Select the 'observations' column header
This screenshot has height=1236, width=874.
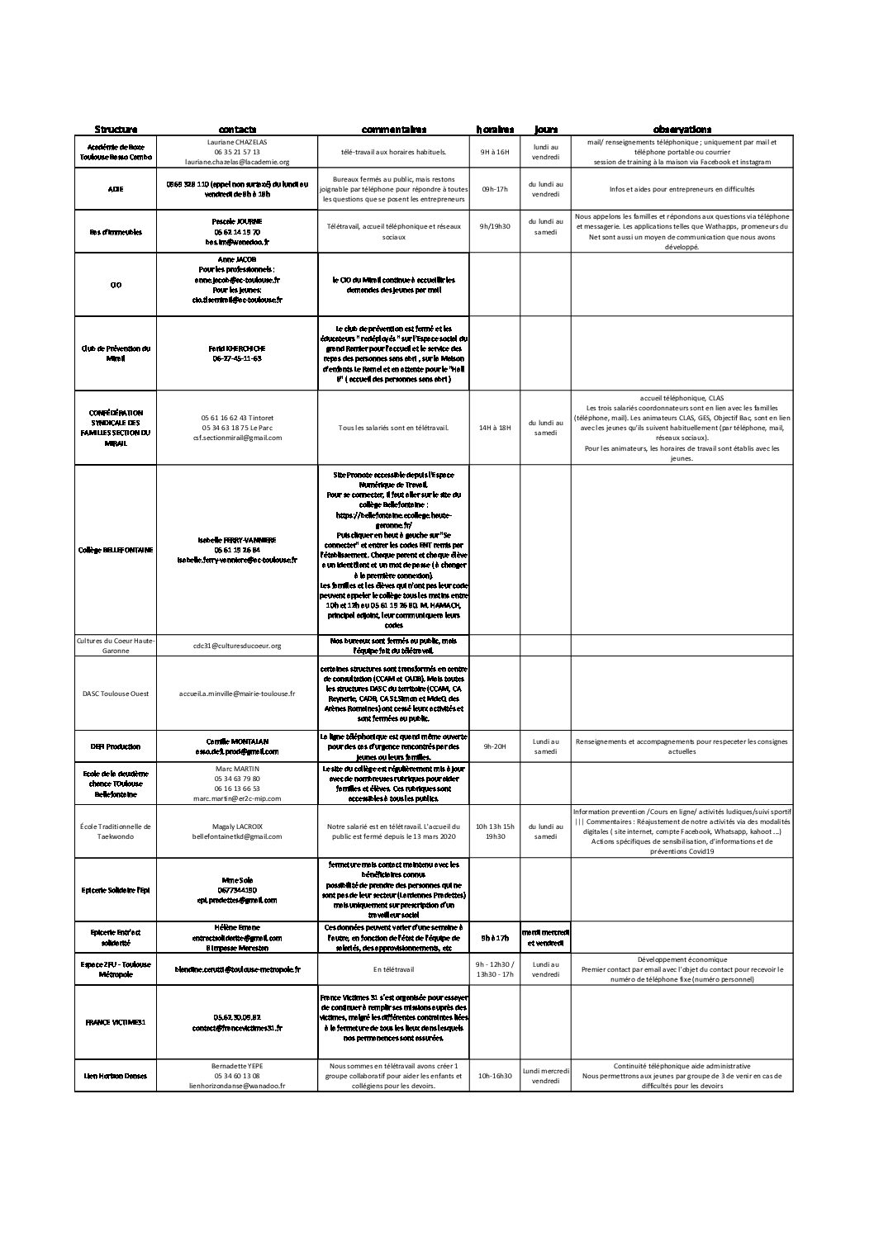(x=682, y=130)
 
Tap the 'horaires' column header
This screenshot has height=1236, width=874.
(x=495, y=130)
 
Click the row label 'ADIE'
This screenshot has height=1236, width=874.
(x=116, y=189)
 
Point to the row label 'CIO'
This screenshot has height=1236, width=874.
(x=116, y=285)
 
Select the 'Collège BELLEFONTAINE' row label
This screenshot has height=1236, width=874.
(x=116, y=550)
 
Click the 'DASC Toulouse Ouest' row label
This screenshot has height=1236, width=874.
(x=116, y=694)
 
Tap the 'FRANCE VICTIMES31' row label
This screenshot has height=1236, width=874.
(x=116, y=1022)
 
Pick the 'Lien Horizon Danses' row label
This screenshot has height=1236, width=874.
(x=116, y=1076)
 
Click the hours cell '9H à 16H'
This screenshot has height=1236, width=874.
(x=495, y=152)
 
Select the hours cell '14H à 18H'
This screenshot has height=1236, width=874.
(x=495, y=428)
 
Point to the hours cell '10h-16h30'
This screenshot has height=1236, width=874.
(x=495, y=1076)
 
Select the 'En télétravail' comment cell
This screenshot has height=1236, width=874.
(x=393, y=969)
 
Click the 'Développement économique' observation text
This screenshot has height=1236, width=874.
(x=682, y=959)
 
